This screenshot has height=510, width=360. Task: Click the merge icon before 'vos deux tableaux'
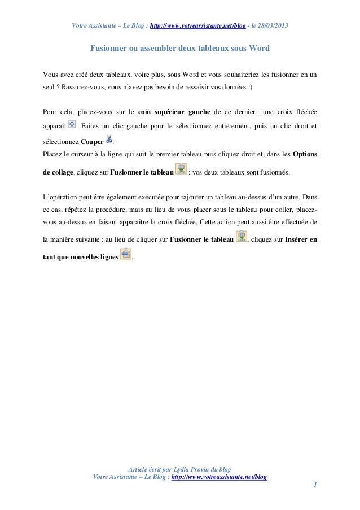pyautogui.click(x=181, y=169)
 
